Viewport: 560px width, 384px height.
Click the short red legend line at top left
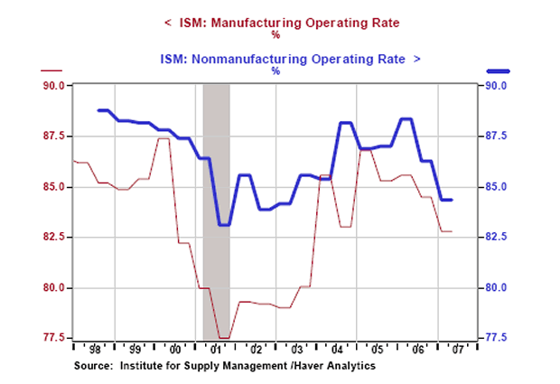coord(52,70)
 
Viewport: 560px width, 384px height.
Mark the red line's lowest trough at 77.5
coord(225,338)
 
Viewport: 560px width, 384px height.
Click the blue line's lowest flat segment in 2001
coord(225,225)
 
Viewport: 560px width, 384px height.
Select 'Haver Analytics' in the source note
coord(338,366)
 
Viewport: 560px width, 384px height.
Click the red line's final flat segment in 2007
coord(446,232)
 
